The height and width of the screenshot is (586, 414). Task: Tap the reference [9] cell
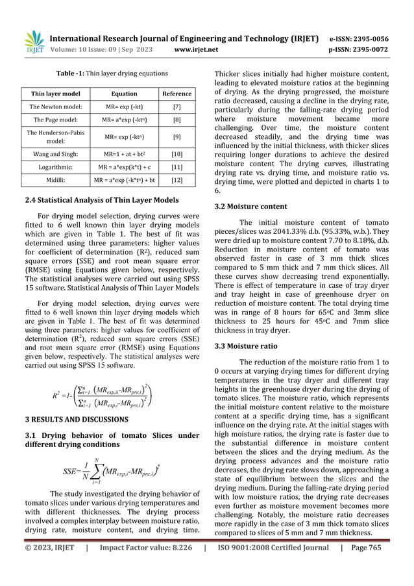pyautogui.click(x=177, y=138)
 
